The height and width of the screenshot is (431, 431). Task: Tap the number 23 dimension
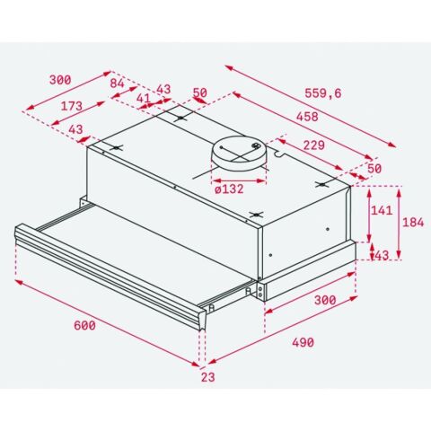pyautogui.click(x=208, y=377)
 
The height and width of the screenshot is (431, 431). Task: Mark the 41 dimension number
pyautogui.click(x=143, y=98)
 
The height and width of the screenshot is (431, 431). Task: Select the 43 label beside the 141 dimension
pyautogui.click(x=381, y=255)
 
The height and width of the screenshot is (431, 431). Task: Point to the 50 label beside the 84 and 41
pyautogui.click(x=199, y=93)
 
